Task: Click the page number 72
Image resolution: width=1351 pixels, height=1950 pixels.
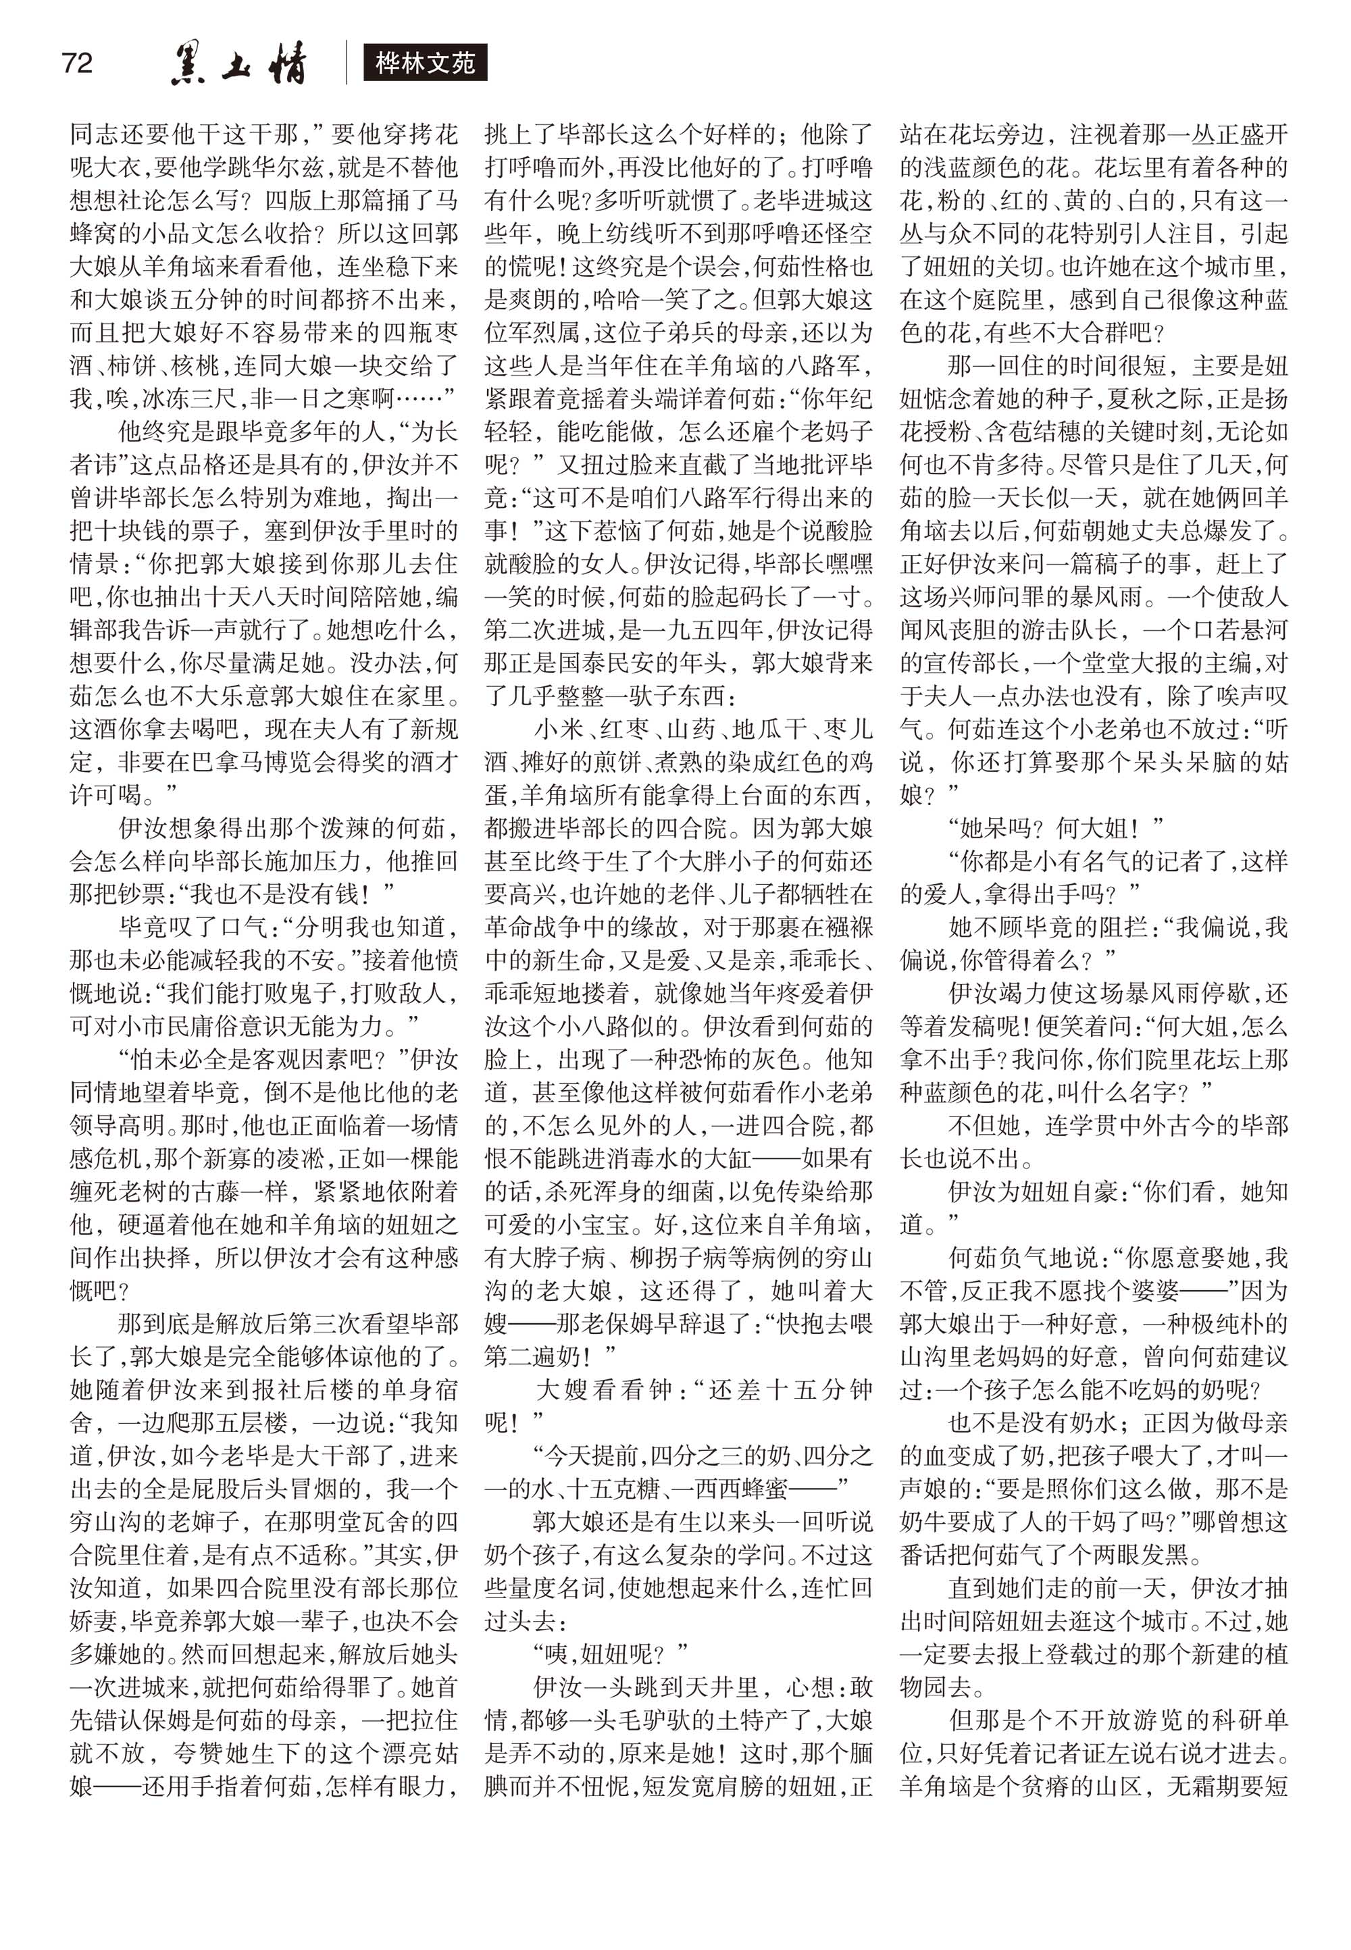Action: tap(77, 63)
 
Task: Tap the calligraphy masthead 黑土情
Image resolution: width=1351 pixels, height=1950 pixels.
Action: tap(238, 63)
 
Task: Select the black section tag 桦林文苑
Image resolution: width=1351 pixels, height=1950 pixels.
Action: tap(425, 63)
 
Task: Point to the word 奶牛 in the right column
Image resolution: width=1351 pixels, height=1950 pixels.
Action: tap(923, 1522)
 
